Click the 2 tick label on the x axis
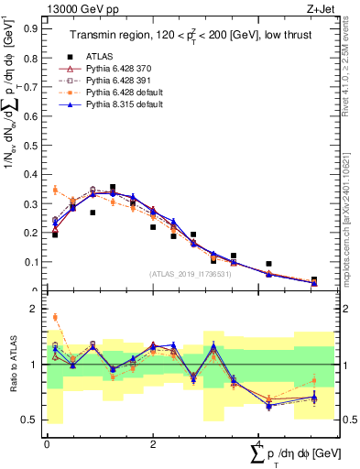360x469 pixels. click(x=152, y=444)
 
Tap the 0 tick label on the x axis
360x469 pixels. click(x=47, y=444)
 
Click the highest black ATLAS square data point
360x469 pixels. click(x=113, y=188)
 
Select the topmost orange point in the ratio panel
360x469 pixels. click(x=55, y=318)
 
